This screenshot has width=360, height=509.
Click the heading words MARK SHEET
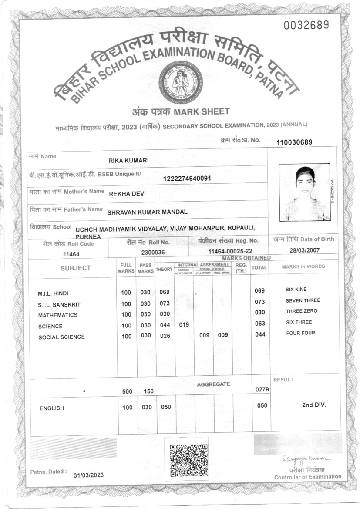201,112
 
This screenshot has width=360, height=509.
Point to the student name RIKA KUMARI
128,160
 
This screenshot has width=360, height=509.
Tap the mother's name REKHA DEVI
127,193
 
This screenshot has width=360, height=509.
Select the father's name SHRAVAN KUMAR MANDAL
147,212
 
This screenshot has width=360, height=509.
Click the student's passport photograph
304,192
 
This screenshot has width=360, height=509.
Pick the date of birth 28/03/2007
304,250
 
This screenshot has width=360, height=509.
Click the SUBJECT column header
76,268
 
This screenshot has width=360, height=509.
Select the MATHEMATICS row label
57,315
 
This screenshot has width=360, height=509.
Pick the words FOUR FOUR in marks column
300,333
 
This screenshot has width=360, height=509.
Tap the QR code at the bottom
188,460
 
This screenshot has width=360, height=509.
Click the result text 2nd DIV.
314,405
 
